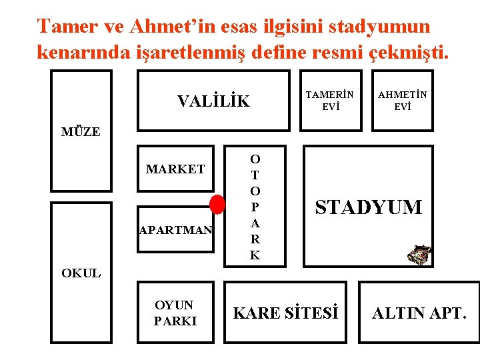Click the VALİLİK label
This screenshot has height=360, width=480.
pos(213,101)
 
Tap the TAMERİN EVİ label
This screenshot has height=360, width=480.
pos(329,101)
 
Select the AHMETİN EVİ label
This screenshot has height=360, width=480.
pos(402,101)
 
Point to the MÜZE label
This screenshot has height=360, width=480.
pos(81,131)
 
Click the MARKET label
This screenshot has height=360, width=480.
pos(175,169)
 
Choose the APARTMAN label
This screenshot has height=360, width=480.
pos(176,230)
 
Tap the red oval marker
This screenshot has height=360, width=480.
pos(217,204)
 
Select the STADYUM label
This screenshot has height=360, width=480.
pos(369,207)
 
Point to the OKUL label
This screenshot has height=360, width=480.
pos(81,273)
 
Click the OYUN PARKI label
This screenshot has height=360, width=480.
pos(175,313)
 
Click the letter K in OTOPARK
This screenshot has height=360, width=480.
pos(255,255)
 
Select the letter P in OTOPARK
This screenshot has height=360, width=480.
pos(255,207)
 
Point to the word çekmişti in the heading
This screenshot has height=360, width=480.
pos(406,53)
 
